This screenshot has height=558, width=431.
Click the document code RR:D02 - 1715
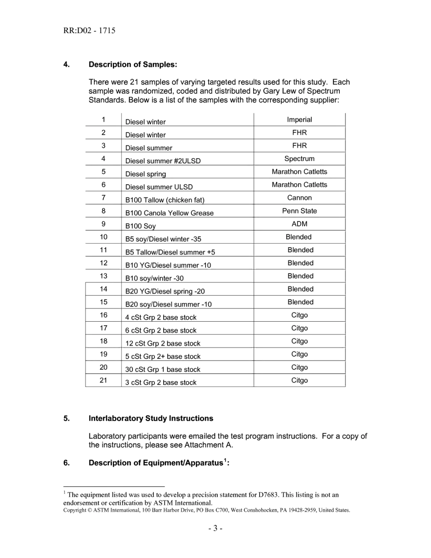point(89,31)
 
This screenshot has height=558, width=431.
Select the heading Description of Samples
point(132,64)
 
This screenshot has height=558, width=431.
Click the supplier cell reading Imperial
point(299,120)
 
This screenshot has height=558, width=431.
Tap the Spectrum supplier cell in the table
point(299,159)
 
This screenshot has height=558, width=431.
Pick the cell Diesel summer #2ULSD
point(163,161)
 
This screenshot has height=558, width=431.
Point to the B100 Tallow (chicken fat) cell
point(162,200)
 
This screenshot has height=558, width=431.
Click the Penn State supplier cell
point(299,211)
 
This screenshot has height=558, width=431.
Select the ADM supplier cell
point(299,224)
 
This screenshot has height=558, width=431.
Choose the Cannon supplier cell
point(299,198)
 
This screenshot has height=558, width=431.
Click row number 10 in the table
point(103,237)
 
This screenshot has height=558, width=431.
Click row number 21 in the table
point(103,380)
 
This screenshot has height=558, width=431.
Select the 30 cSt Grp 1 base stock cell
point(162,370)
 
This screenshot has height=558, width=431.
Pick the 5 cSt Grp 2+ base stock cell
point(162,357)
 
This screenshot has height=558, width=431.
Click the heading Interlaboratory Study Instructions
point(151,418)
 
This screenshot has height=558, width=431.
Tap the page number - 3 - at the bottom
point(215,529)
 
